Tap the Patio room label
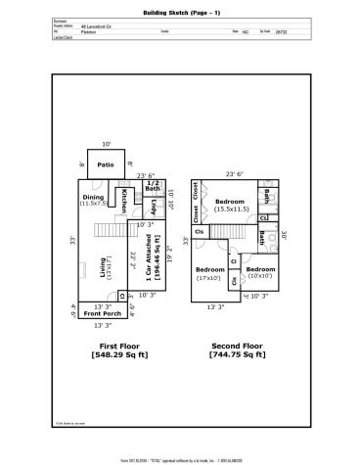(x=106, y=164)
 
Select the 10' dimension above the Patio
(x=106, y=145)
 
